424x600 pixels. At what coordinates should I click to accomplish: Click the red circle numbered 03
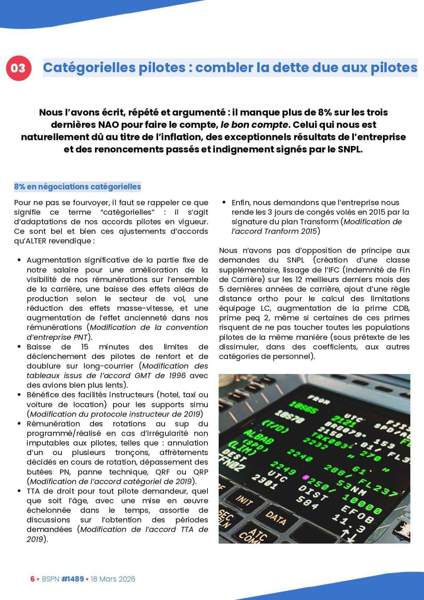(x=18, y=68)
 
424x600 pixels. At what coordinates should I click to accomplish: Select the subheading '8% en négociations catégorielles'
(x=77, y=187)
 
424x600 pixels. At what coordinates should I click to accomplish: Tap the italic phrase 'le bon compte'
(x=254, y=125)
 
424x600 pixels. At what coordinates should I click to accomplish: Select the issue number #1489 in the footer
(x=72, y=579)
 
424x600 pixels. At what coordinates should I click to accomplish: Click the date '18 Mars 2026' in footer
(x=113, y=579)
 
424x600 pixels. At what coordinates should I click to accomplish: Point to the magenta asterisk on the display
(x=305, y=478)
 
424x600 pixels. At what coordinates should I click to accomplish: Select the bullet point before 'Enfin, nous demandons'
(x=224, y=203)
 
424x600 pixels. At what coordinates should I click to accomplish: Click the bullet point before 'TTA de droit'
(x=19, y=491)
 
